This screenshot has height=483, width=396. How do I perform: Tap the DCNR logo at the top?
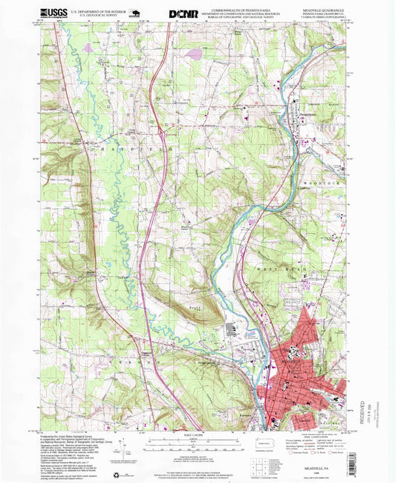click(183, 13)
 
